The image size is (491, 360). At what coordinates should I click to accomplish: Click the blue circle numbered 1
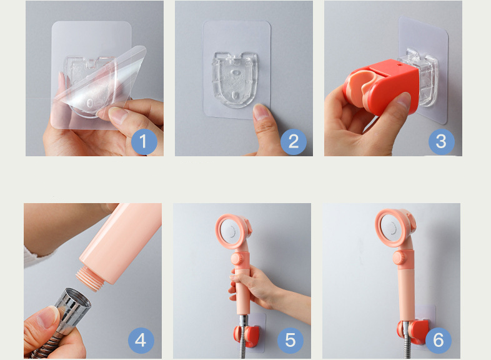click(144, 142)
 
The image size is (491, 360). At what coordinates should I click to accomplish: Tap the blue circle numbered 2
click(294, 142)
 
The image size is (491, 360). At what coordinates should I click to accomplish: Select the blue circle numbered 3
click(442, 142)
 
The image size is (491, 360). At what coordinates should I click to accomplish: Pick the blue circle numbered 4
click(141, 340)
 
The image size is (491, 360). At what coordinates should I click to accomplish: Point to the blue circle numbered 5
click(290, 340)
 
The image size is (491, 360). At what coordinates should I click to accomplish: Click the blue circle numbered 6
click(439, 340)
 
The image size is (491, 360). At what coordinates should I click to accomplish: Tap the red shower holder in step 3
click(382, 86)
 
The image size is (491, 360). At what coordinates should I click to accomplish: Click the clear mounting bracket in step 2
click(235, 79)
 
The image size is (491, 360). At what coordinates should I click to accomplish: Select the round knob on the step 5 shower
click(237, 259)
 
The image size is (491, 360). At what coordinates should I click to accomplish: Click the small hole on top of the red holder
click(400, 65)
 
